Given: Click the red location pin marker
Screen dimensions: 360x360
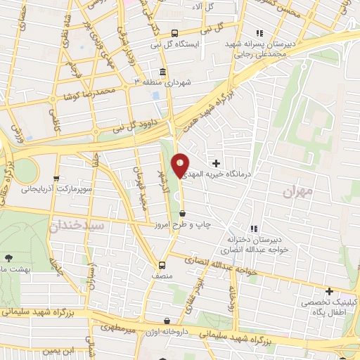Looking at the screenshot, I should [180, 165].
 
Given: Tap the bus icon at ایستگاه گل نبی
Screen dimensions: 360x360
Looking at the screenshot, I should [175, 32].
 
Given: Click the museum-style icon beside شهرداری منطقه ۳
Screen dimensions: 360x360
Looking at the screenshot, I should [162, 72].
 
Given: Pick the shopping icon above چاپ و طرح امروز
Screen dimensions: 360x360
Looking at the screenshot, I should [183, 213].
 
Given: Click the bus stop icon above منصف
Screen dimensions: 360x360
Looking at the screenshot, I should [162, 265].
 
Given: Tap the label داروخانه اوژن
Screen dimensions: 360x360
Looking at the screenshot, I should [166, 331].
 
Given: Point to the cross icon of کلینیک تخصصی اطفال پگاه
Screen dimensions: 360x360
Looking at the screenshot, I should [328, 291].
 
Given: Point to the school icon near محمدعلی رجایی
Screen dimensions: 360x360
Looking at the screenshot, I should [259, 32].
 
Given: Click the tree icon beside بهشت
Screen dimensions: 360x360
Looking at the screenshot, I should [8, 259].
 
